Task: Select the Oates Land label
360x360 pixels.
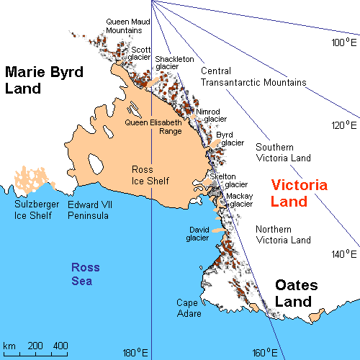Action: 303,294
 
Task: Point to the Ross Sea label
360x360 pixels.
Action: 86,274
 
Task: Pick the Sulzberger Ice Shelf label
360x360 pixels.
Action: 36,210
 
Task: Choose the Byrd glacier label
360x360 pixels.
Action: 230,138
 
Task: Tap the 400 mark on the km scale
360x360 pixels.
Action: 60,346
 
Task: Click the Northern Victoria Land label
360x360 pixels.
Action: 284,235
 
